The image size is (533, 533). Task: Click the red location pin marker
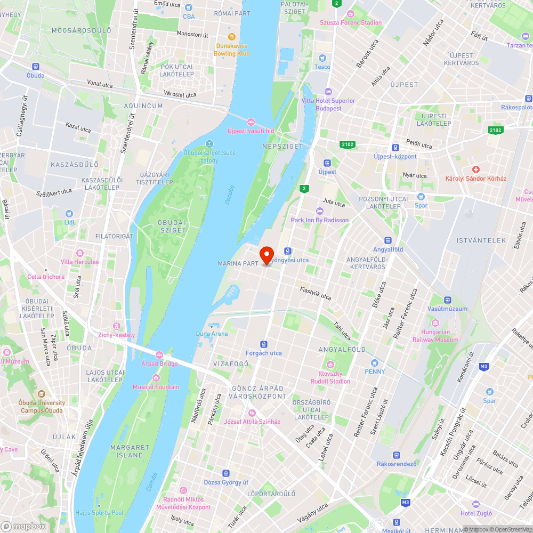[266, 255]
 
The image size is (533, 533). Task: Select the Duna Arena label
[212, 334]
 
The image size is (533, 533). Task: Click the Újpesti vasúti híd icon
[251, 121]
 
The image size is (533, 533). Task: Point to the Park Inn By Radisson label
[320, 220]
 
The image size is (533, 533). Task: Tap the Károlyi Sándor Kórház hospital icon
[476, 169]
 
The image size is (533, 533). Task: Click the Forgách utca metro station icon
[263, 344]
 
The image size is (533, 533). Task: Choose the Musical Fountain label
[156, 387]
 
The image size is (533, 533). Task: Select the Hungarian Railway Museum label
[435, 336]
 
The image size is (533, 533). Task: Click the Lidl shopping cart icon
[69, 213]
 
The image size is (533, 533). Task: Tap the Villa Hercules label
[79, 262]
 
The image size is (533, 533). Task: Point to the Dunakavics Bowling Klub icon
[231, 37]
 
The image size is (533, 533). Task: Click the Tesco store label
[322, 67]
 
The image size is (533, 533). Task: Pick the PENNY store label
[375, 371]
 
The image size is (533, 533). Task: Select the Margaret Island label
[130, 451]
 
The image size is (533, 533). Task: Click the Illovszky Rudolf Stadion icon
[330, 365]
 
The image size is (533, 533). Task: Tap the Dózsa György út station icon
[227, 473]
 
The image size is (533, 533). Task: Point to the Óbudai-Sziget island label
[172, 227]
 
